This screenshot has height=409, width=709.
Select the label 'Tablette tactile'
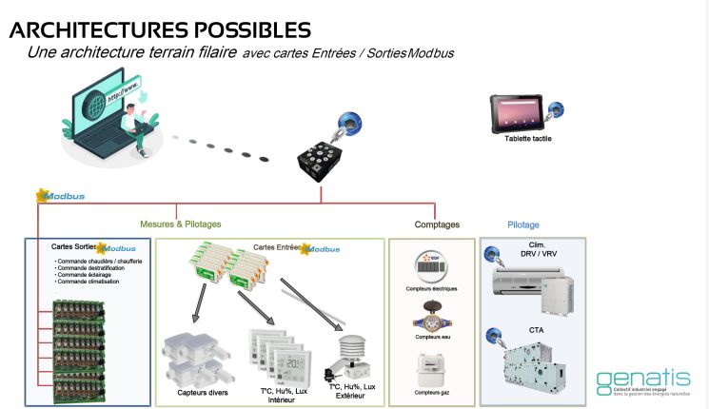click(528, 139)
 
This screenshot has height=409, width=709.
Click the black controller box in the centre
click(323, 153)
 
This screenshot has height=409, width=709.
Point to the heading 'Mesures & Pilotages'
click(180, 224)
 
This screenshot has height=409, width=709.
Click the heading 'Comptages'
click(437, 224)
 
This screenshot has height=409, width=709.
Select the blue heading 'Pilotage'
click(522, 224)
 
